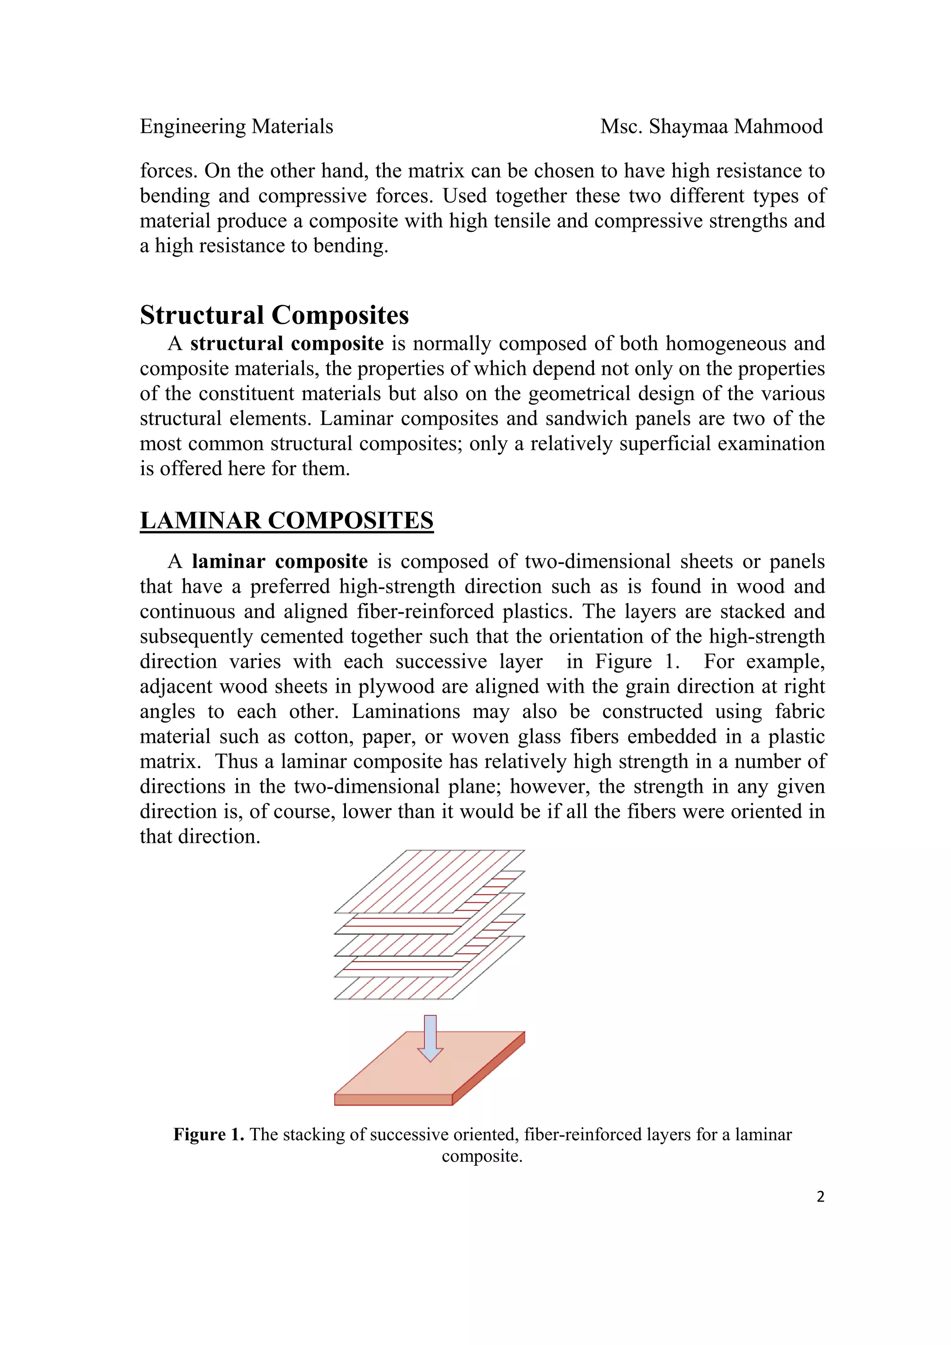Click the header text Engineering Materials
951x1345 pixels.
click(x=236, y=127)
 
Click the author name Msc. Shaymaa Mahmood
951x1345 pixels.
click(x=711, y=127)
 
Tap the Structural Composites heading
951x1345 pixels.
click(x=274, y=315)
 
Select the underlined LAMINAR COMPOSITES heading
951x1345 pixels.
click(x=287, y=520)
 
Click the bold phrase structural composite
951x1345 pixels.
click(x=287, y=343)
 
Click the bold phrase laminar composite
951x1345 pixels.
click(x=280, y=561)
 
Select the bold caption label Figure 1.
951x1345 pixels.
click(x=208, y=1135)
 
